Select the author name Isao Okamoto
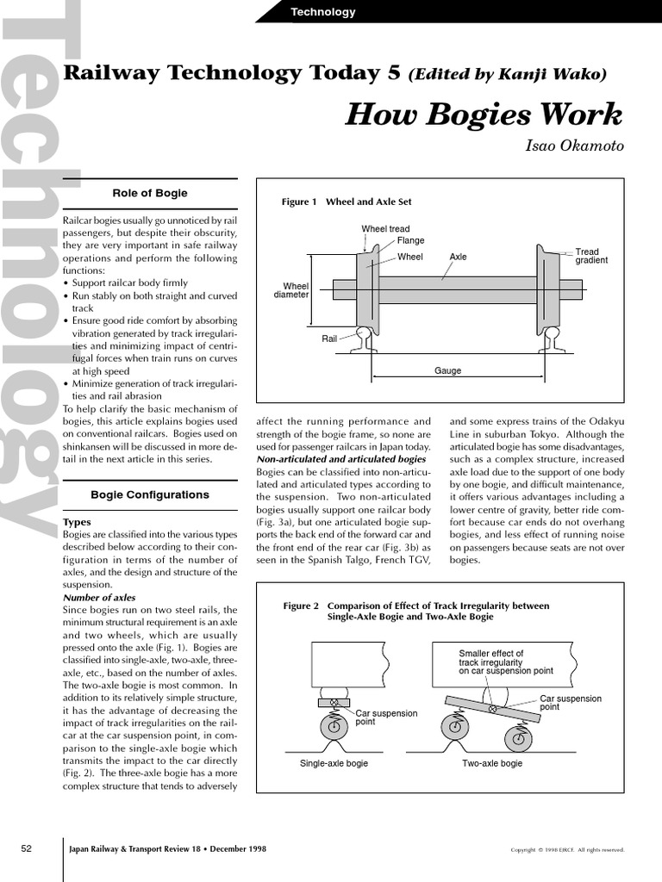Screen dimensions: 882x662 pos(574,146)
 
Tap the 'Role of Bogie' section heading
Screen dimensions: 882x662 pos(150,193)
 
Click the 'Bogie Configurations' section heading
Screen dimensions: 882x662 pos(150,494)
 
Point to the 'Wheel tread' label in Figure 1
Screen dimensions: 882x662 pos(385,229)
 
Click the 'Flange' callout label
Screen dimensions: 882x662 pos(410,240)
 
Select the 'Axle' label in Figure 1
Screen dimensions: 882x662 pos(458,257)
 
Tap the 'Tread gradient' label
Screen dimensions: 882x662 pos(591,256)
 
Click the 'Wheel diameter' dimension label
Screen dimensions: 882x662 pos(290,290)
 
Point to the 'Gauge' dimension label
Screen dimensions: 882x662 pos(447,370)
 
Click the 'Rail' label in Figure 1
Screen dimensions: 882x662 pos(329,339)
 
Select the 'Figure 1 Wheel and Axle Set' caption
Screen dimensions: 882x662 pos(347,202)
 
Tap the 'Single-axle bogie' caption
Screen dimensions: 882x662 pos(334,763)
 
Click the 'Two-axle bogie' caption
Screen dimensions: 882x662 pos(492,763)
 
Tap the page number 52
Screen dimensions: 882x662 pos(26,848)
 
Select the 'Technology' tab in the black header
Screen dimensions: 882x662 pos(322,12)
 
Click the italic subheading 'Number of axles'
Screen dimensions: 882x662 pos(99,597)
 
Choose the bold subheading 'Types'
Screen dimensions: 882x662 pos(78,522)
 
